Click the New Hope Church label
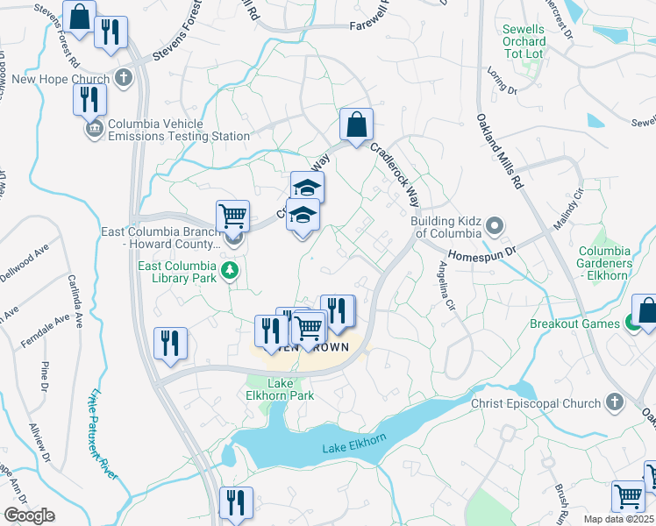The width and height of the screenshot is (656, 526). (61, 79)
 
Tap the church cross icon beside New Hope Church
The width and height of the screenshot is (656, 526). (125, 78)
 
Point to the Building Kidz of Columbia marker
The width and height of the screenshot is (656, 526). (495, 227)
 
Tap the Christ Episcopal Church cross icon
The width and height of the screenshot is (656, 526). (615, 402)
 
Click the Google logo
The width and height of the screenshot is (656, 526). (28, 515)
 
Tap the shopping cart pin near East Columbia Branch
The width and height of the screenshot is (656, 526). (232, 215)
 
